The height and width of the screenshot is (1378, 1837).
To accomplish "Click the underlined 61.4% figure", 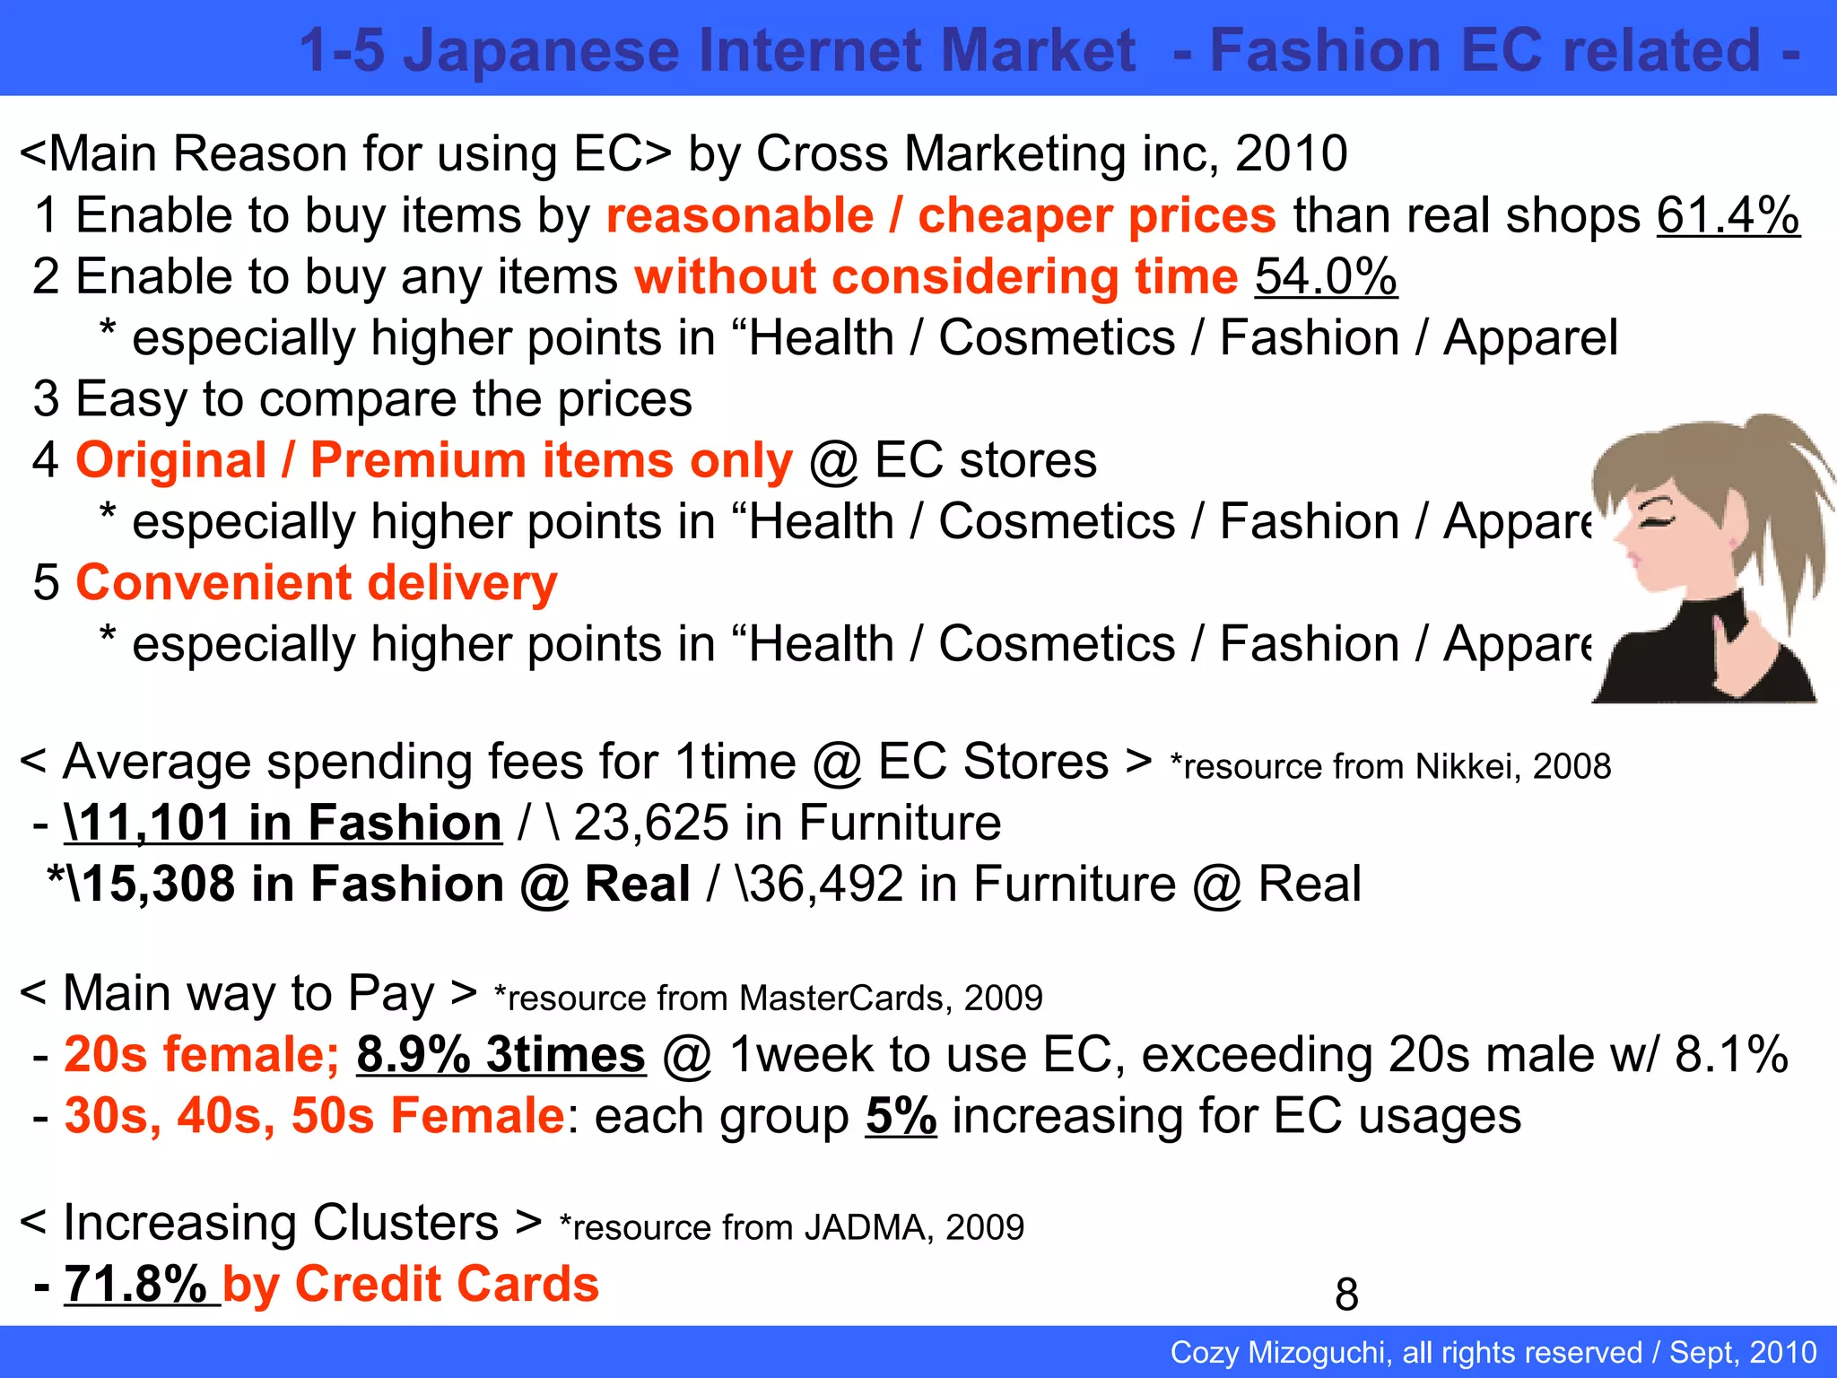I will [1728, 216].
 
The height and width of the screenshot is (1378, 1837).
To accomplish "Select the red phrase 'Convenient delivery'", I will [317, 583].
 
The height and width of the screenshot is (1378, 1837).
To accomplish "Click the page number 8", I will [1346, 1295].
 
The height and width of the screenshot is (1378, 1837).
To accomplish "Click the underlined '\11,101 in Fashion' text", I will [283, 824].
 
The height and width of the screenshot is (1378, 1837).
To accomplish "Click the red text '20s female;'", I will [202, 1054].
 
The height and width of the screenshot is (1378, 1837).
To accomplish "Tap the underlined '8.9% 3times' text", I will [501, 1054].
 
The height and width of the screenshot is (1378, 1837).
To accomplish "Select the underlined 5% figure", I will [901, 1116].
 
